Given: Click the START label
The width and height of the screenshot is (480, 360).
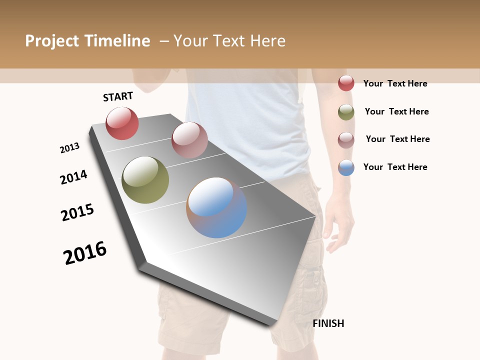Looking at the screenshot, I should (118, 96).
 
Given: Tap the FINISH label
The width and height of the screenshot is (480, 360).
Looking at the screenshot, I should (328, 323).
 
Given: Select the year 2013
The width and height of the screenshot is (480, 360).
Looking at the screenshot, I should (70, 148).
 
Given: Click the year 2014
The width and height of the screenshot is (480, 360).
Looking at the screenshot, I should (73, 177).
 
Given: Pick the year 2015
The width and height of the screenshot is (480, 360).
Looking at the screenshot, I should (77, 212).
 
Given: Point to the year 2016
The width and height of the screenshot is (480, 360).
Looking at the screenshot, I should (85, 253).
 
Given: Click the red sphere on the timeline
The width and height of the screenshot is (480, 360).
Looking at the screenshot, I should (122, 123).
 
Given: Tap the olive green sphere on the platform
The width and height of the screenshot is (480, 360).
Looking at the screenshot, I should (145, 180).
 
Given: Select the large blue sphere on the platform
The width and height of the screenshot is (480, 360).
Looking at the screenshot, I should (216, 207).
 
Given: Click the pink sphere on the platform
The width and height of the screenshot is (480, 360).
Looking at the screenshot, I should (189, 140).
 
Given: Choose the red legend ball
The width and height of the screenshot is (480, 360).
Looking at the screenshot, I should (346, 83).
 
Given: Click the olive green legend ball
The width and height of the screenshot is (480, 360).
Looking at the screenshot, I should (346, 112).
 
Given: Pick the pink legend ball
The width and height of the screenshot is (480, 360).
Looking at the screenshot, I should (346, 139).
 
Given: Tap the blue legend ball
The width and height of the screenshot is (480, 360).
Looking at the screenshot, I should (346, 167).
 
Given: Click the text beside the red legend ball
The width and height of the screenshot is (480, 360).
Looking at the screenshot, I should (395, 83).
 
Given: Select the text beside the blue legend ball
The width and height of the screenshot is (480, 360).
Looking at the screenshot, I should (395, 167).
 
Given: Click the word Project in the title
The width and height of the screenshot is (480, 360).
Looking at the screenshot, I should (52, 41).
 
